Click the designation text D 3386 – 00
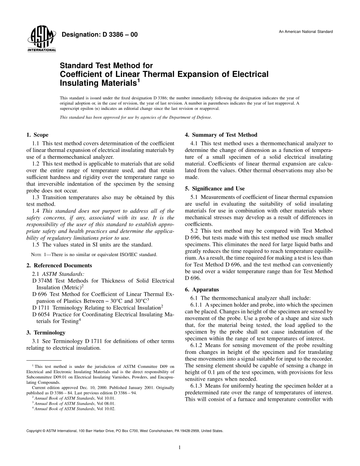click(x=99, y=35)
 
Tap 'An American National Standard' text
click(x=306, y=32)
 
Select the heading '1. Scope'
click(x=37, y=135)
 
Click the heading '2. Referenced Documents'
click(x=59, y=266)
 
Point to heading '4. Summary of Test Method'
click(x=221, y=135)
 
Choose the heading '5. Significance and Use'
click(x=214, y=188)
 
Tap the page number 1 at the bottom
click(x=180, y=447)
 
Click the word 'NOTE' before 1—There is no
click(x=36, y=255)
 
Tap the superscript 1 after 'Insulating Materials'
click(x=138, y=80)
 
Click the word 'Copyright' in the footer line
click(x=34, y=431)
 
